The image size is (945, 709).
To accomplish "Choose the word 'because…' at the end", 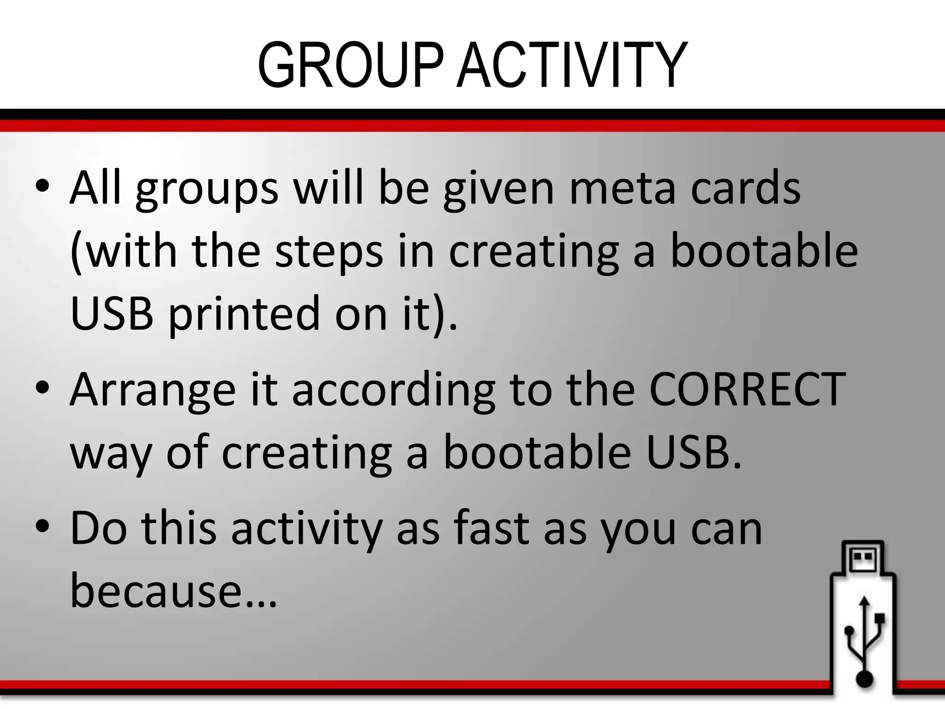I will tap(173, 591).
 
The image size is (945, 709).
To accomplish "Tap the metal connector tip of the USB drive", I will tap(862, 558).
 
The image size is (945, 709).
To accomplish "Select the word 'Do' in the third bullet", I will tap(98, 529).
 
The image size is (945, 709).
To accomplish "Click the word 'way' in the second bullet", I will tap(111, 455).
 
